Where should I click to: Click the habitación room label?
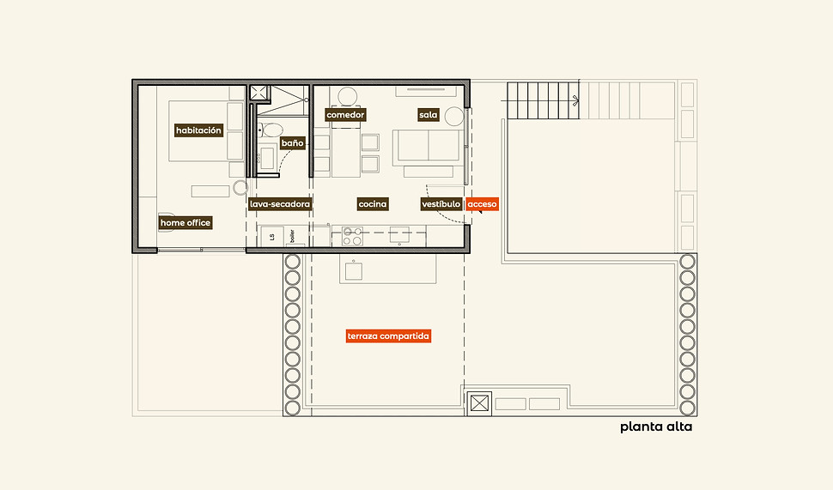click(x=198, y=130)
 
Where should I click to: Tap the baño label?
click(x=292, y=142)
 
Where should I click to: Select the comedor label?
click(x=345, y=115)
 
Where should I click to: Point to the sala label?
click(x=429, y=115)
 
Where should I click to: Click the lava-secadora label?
click(x=279, y=204)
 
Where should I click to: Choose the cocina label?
click(x=373, y=204)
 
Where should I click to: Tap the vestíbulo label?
click(x=441, y=204)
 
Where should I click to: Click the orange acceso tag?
click(x=483, y=204)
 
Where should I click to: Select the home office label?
click(x=185, y=222)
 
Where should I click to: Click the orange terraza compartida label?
click(x=388, y=336)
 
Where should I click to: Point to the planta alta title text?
click(x=656, y=426)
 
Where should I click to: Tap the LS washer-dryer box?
click(x=272, y=237)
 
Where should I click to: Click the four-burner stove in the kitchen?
click(x=352, y=236)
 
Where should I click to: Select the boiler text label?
click(x=292, y=236)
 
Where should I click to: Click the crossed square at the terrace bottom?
click(x=479, y=403)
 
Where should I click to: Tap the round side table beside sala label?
click(x=454, y=116)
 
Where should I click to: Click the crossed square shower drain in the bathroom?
click(x=260, y=93)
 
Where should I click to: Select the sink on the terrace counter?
click(x=354, y=271)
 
